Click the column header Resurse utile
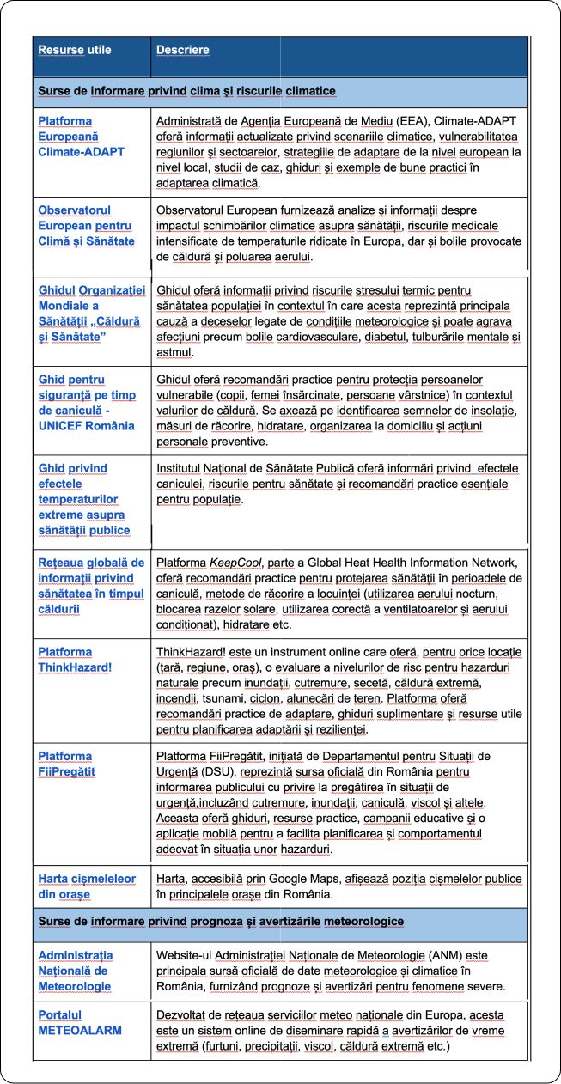[x=74, y=50]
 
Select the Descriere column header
[x=182, y=50]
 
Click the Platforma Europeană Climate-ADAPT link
[x=81, y=137]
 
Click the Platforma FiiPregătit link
[x=66, y=764]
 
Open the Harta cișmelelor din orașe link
[x=87, y=886]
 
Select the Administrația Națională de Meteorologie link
[x=76, y=971]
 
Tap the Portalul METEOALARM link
[x=79, y=1022]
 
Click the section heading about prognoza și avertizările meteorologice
[x=220, y=922]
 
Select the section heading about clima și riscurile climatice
[x=186, y=90]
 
